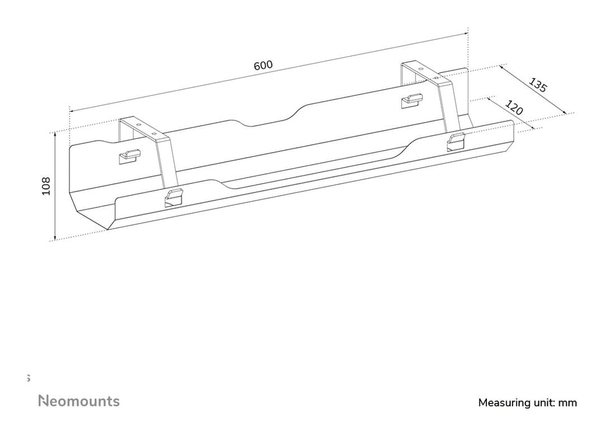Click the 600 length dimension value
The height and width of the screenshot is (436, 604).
tap(263, 65)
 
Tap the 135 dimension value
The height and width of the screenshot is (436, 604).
tap(537, 85)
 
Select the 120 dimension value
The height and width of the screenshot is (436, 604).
tap(514, 108)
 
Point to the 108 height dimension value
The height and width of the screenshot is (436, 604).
tap(46, 186)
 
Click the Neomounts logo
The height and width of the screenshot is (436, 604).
tap(79, 401)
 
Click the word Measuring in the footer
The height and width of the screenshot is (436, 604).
tap(504, 403)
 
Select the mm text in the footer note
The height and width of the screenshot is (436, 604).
tap(568, 403)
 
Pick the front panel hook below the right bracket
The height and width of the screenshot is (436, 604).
tap(456, 141)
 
